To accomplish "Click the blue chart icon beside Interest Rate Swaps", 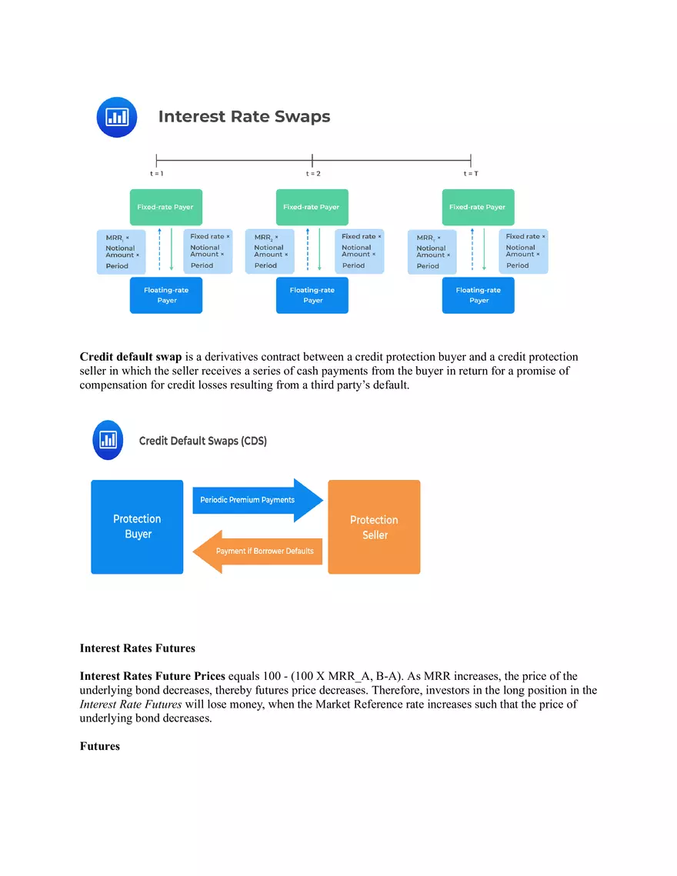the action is coord(117,118).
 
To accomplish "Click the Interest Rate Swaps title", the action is coord(245,116).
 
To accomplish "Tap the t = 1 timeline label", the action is coord(156,174).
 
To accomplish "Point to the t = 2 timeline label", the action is coord(313,174).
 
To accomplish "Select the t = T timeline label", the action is coord(471,174).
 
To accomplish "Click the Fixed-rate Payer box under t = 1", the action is coord(166,207).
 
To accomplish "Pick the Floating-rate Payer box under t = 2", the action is coord(312,295).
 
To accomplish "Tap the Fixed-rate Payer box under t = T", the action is coord(478,207).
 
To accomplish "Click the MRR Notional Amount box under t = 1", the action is coord(122,252).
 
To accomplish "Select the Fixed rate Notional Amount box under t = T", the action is coord(523,251).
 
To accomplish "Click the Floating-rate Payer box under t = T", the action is coord(478,295).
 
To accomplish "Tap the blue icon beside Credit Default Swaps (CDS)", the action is coord(108,440).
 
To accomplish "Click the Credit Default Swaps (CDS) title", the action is coord(203,441).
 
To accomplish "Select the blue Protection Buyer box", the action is coord(137,527).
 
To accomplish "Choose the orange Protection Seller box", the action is coord(374,527).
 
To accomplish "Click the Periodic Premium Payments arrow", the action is coord(258,500).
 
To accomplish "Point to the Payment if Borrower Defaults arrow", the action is coord(258,551).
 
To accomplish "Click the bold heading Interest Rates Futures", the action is coord(138,648).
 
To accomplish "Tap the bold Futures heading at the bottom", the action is coord(99,746).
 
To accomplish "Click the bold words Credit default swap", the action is coord(131,356).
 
